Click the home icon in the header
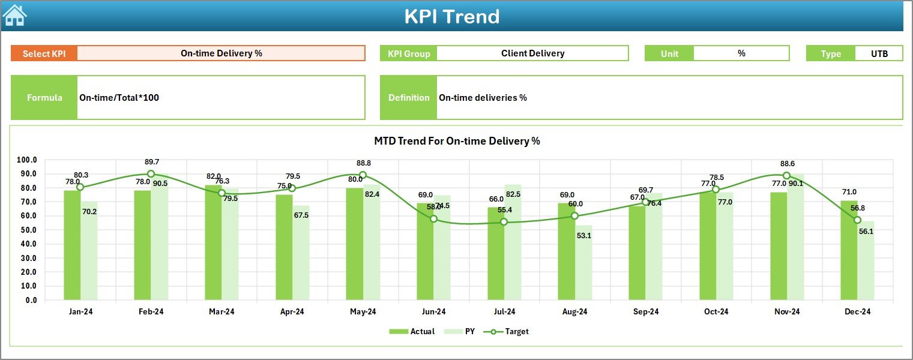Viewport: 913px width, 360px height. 15,16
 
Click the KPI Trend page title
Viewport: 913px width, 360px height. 451,17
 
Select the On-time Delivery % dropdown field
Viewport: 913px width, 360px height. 221,53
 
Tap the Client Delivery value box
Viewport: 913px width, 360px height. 532,53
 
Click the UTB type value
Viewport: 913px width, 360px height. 879,53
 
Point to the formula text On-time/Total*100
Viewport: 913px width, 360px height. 119,98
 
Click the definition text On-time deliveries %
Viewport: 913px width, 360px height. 483,98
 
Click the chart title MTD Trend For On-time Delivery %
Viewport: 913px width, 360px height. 457,142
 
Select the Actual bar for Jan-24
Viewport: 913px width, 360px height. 72,246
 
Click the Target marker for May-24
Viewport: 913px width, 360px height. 363,175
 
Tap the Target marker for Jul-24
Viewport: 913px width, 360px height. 504,222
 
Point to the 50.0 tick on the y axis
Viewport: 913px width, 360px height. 27,230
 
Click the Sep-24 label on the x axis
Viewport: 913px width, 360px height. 645,312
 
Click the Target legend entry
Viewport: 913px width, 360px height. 510,331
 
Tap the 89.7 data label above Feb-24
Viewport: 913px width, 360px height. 152,162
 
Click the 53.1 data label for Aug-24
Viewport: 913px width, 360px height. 583,236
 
